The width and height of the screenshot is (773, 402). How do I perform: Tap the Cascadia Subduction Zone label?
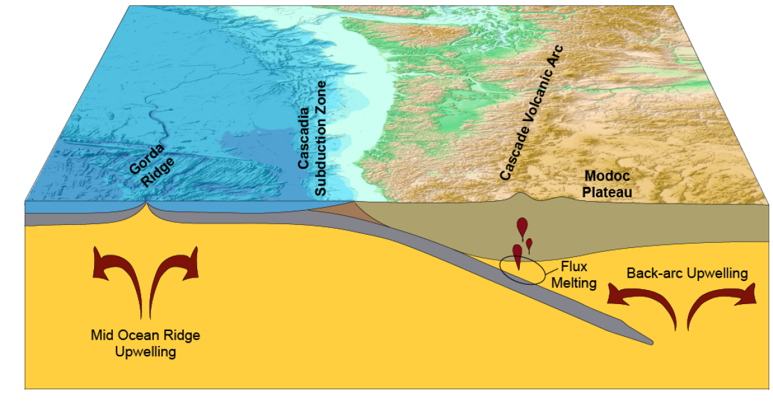tap(312, 139)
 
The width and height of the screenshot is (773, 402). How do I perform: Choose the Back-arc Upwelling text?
tap(687, 273)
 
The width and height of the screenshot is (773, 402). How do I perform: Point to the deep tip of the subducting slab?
tap(651, 340)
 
